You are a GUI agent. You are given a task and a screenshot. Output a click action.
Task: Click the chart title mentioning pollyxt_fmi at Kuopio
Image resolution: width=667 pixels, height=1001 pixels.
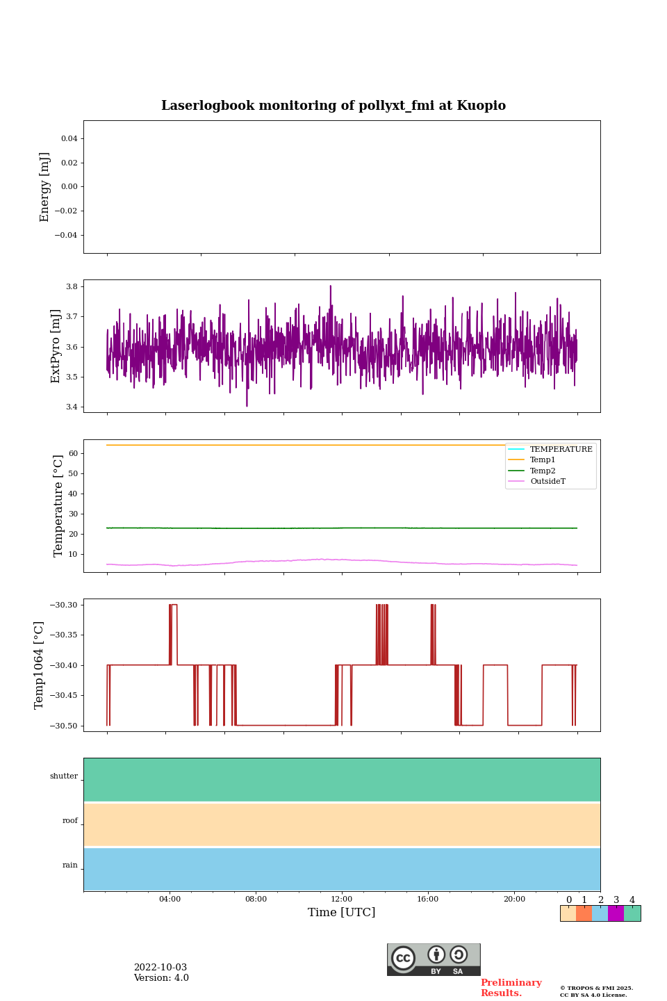pyautogui.click(x=333, y=106)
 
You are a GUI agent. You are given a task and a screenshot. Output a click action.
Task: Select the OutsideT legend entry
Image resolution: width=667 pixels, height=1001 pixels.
pyautogui.click(x=547, y=482)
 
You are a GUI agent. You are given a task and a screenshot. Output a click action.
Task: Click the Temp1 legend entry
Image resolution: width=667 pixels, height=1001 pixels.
pyautogui.click(x=543, y=460)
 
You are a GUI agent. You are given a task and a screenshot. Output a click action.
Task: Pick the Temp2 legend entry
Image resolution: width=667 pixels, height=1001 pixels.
pyautogui.click(x=543, y=471)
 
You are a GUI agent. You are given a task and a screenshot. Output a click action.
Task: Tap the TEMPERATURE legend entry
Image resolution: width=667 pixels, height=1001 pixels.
pyautogui.click(x=561, y=450)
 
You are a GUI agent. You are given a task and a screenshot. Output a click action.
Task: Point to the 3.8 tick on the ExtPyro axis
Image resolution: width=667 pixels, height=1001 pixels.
pyautogui.click(x=72, y=286)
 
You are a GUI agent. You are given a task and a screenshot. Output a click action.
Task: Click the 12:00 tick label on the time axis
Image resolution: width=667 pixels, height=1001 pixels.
pyautogui.click(x=342, y=900)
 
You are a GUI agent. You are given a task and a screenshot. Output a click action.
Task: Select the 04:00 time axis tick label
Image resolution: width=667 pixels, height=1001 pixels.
pyautogui.click(x=170, y=900)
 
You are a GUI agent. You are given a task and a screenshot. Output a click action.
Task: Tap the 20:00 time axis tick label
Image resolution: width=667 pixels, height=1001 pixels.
pyautogui.click(x=514, y=900)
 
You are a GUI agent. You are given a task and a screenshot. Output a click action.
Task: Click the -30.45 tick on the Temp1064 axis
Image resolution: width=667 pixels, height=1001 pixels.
pyautogui.click(x=63, y=696)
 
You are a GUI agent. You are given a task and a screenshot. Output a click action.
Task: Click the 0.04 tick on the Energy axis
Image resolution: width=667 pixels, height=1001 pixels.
pyautogui.click(x=69, y=139)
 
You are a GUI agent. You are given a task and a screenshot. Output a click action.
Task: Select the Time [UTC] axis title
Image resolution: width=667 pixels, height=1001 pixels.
pyautogui.click(x=342, y=913)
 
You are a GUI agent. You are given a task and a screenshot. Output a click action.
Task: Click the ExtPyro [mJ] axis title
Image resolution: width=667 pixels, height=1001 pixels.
pyautogui.click(x=56, y=346)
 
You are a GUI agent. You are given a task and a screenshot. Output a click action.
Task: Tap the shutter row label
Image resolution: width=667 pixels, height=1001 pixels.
pyautogui.click(x=64, y=776)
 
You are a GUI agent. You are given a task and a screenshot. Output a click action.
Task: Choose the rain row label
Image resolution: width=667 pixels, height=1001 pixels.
pyautogui.click(x=70, y=865)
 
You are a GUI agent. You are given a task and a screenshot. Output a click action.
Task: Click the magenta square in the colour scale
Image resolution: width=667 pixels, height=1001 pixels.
pyautogui.click(x=616, y=913)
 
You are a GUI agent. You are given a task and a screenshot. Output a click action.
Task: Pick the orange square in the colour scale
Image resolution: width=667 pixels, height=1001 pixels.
pyautogui.click(x=584, y=913)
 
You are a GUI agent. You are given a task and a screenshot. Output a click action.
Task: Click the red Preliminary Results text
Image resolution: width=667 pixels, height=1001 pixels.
pyautogui.click(x=511, y=988)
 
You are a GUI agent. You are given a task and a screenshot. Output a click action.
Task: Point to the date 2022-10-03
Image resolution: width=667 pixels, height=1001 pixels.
pyautogui.click(x=160, y=968)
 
